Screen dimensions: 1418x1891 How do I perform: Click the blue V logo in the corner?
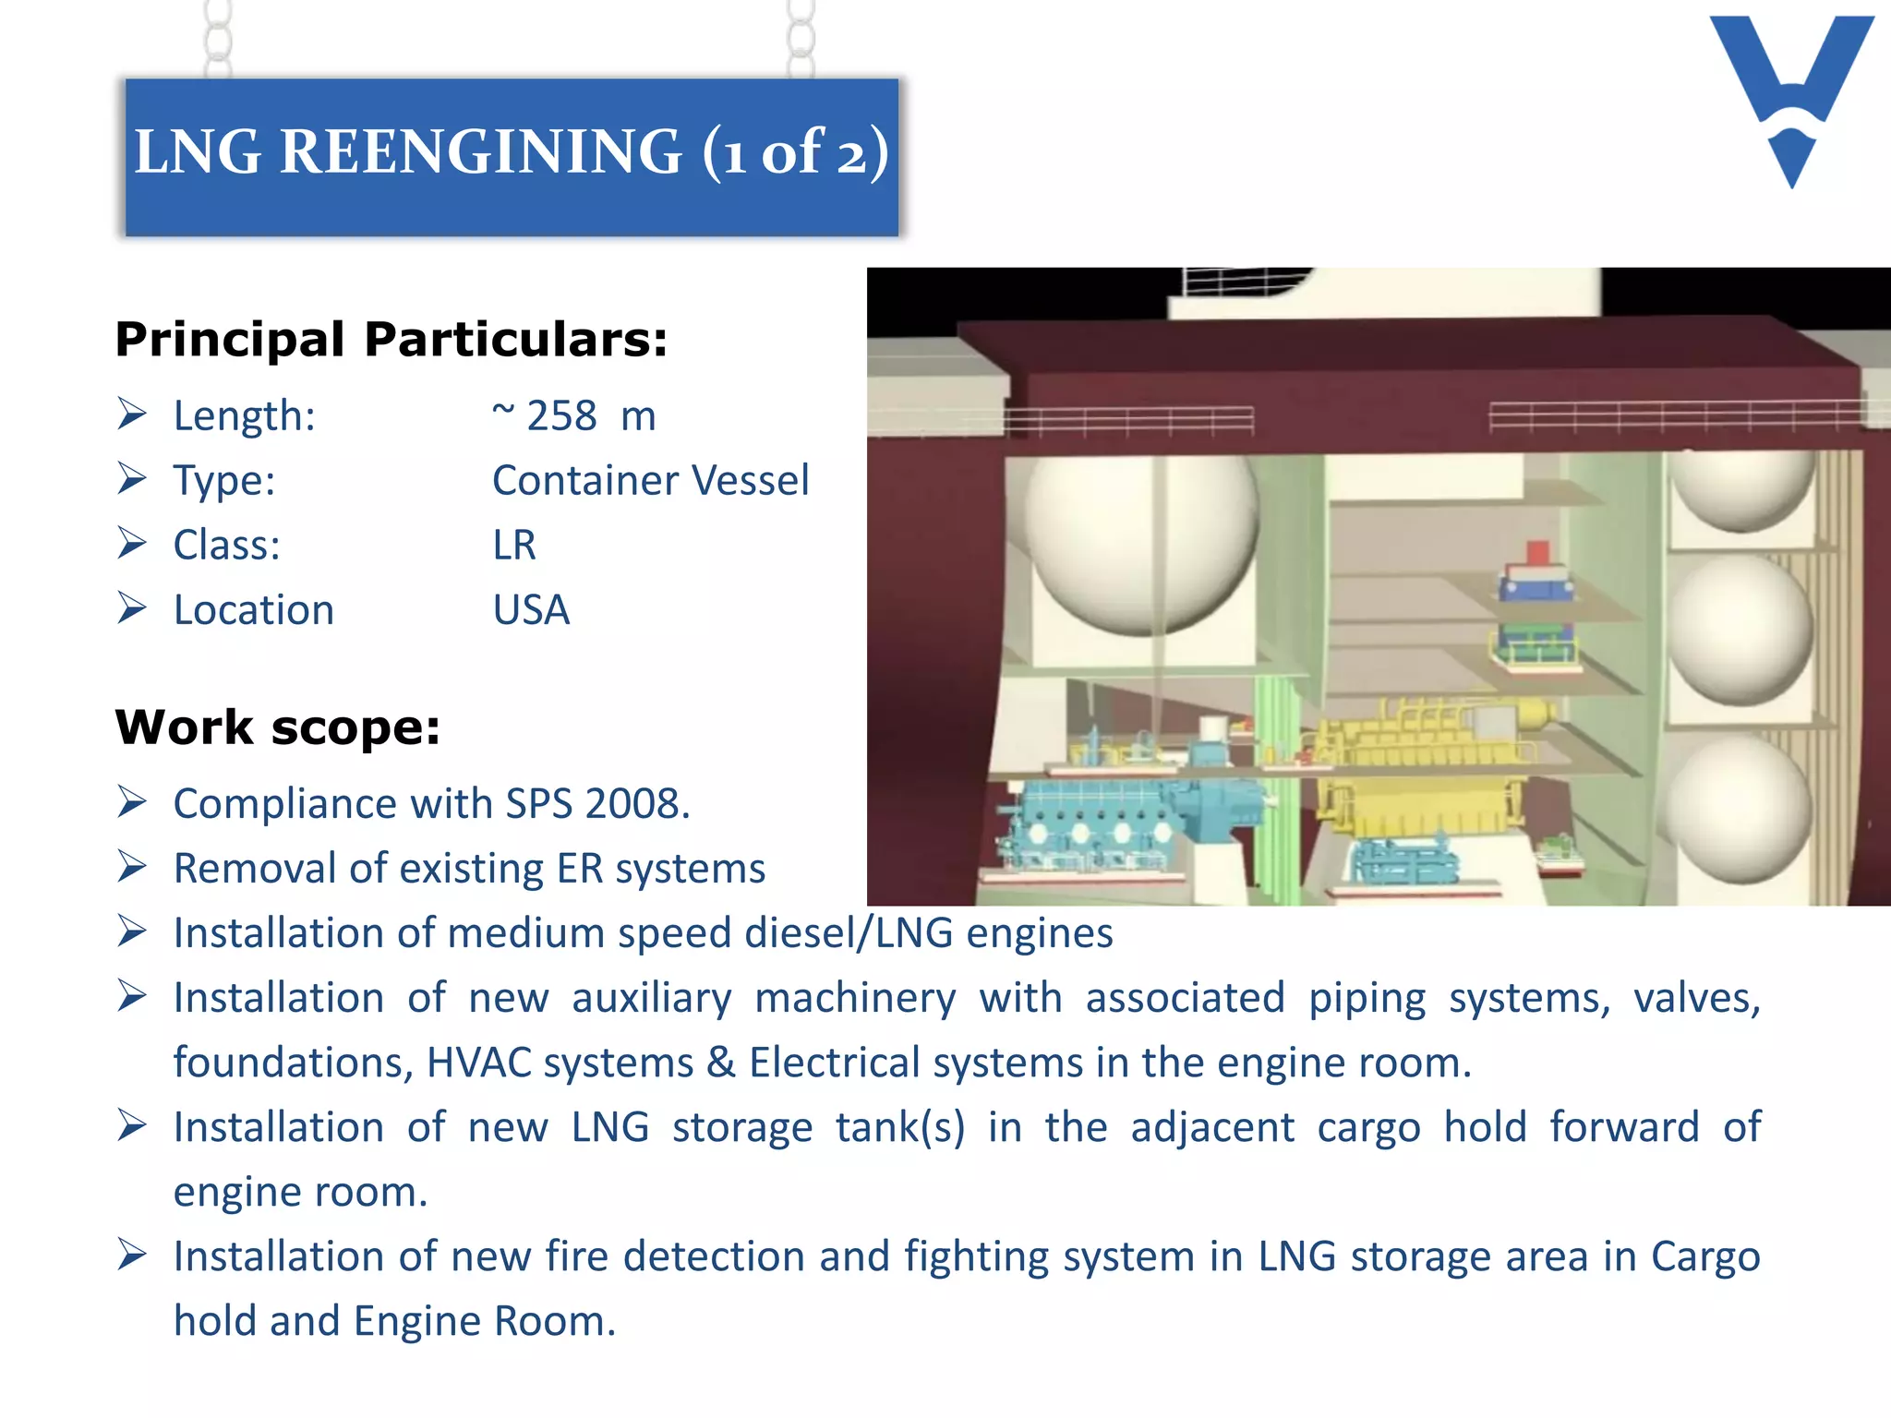[1791, 92]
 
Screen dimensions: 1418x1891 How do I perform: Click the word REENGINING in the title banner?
[480, 151]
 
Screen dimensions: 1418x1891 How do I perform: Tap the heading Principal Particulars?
[391, 340]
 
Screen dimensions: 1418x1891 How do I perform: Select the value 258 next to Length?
[561, 416]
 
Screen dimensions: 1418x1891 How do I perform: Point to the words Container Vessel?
[650, 481]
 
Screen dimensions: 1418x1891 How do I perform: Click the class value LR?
[513, 546]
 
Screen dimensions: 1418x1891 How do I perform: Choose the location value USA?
[531, 610]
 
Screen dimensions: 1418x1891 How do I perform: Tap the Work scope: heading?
[277, 727]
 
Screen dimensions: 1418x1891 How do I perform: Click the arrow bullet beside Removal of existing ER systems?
[132, 867]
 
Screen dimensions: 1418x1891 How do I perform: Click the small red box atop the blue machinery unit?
[1537, 553]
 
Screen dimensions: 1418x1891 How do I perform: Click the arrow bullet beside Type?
[132, 479]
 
